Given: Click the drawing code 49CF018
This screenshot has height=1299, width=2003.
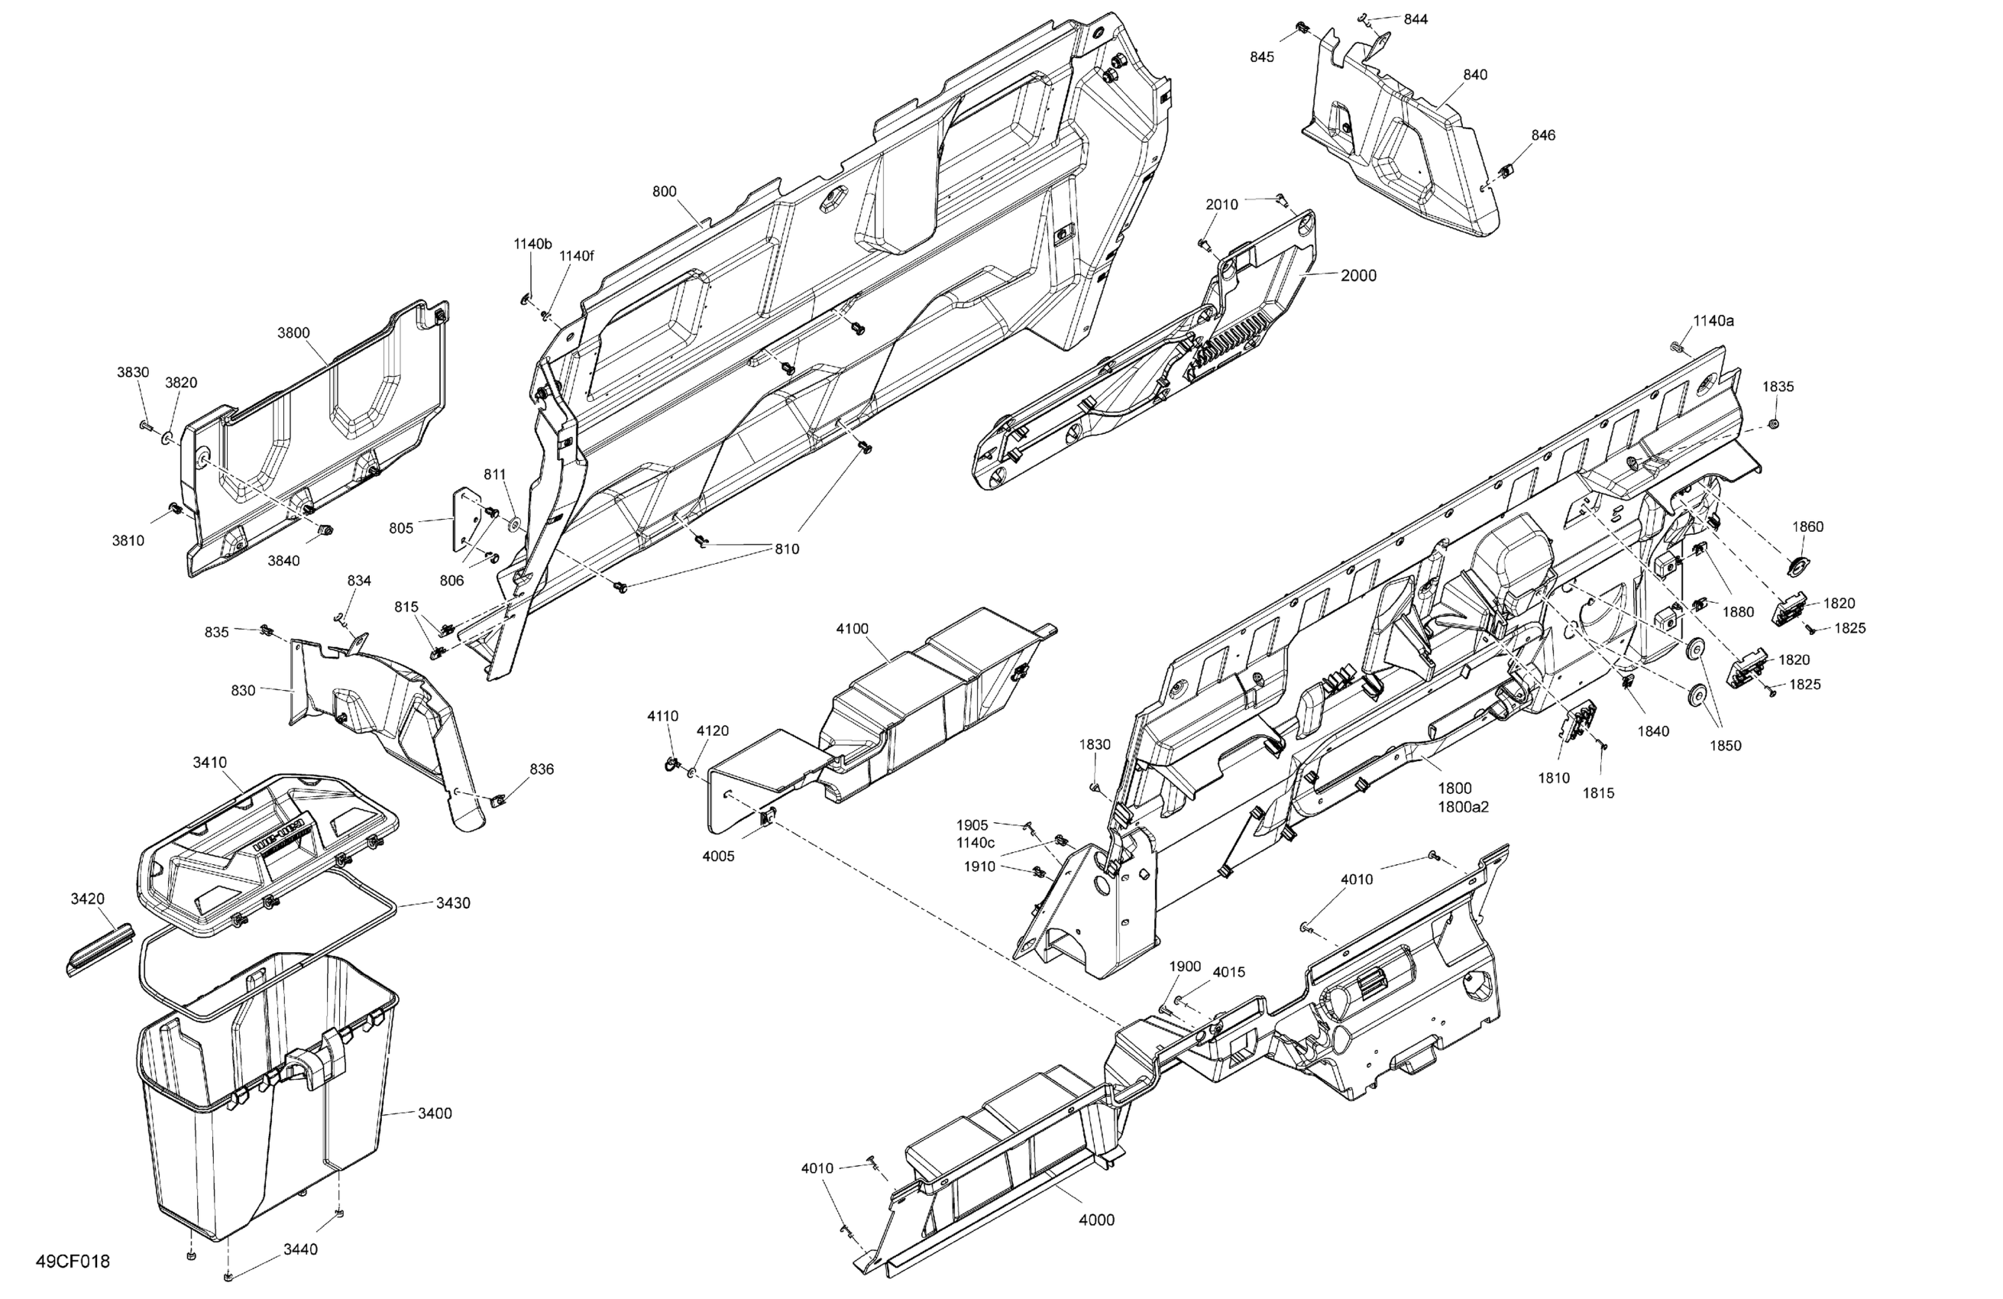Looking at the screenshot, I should click(x=73, y=1261).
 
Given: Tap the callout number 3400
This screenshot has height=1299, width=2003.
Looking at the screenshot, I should click(x=435, y=1113).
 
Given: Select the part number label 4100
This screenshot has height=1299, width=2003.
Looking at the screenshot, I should click(x=852, y=628).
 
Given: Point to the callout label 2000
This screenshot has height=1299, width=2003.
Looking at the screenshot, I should click(x=1358, y=275).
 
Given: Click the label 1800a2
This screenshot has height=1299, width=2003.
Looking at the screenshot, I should click(x=1463, y=806).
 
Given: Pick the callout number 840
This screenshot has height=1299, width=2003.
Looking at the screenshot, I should click(x=1474, y=74).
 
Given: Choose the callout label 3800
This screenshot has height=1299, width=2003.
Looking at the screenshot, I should click(x=293, y=332).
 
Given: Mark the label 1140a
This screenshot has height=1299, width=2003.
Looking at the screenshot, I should click(x=1713, y=321).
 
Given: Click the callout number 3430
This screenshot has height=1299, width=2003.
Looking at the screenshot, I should click(x=453, y=902).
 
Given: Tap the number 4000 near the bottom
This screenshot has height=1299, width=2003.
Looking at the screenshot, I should click(x=1096, y=1220).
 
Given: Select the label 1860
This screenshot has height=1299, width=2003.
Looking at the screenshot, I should click(x=1807, y=526).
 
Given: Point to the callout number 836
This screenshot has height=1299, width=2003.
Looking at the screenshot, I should click(x=542, y=769).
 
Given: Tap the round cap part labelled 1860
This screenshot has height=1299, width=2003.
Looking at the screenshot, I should click(x=1798, y=565).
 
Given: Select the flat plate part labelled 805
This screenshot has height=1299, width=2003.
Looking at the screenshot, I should click(x=463, y=521).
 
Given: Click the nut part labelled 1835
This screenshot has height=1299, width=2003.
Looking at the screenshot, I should click(x=1773, y=423).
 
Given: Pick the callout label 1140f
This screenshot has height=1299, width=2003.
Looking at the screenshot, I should click(x=577, y=256).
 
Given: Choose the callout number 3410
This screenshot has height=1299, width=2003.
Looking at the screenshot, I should click(x=209, y=762).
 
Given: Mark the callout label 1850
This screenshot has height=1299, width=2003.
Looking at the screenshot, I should click(x=1725, y=745).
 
